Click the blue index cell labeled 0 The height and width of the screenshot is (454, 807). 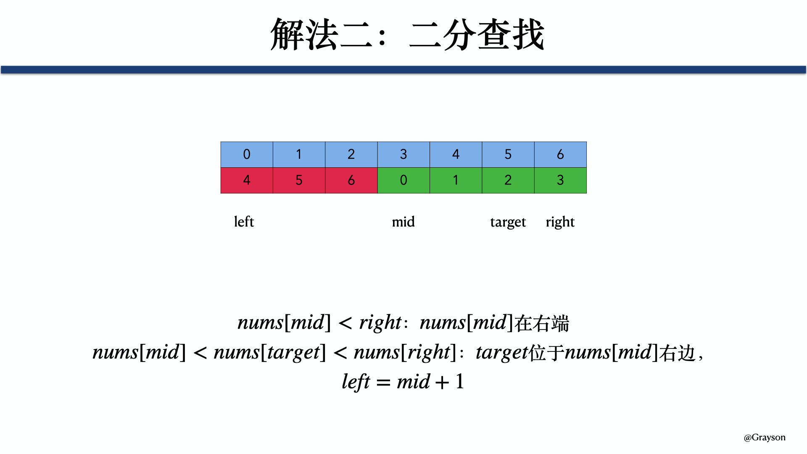pos(247,155)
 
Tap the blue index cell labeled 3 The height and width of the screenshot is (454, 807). pos(403,155)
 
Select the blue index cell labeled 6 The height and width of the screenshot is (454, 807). pos(560,155)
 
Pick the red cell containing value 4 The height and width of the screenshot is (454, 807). pos(247,180)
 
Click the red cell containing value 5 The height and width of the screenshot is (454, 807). pos(299,180)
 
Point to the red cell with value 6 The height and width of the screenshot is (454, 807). pos(351,180)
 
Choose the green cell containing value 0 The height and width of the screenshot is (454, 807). pos(403,180)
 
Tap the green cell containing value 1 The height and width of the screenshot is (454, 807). pos(456,180)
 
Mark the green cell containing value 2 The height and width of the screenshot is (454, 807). pos(508,180)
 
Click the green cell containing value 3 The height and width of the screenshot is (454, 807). pos(560,180)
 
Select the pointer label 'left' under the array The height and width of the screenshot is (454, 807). pos(244,222)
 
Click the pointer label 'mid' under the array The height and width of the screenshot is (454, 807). pos(403,222)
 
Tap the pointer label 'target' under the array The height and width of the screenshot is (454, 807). pos(508,222)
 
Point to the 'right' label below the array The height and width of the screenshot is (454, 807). pos(560,222)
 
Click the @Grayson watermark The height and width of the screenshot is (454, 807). pos(765,438)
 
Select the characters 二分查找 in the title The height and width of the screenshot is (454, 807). pos(477,35)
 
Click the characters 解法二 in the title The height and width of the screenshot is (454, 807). pos(322,35)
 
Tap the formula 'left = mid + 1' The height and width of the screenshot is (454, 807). pos(403,382)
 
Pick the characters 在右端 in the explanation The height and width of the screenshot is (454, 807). pos(542,323)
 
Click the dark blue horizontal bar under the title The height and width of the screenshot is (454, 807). pos(403,70)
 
